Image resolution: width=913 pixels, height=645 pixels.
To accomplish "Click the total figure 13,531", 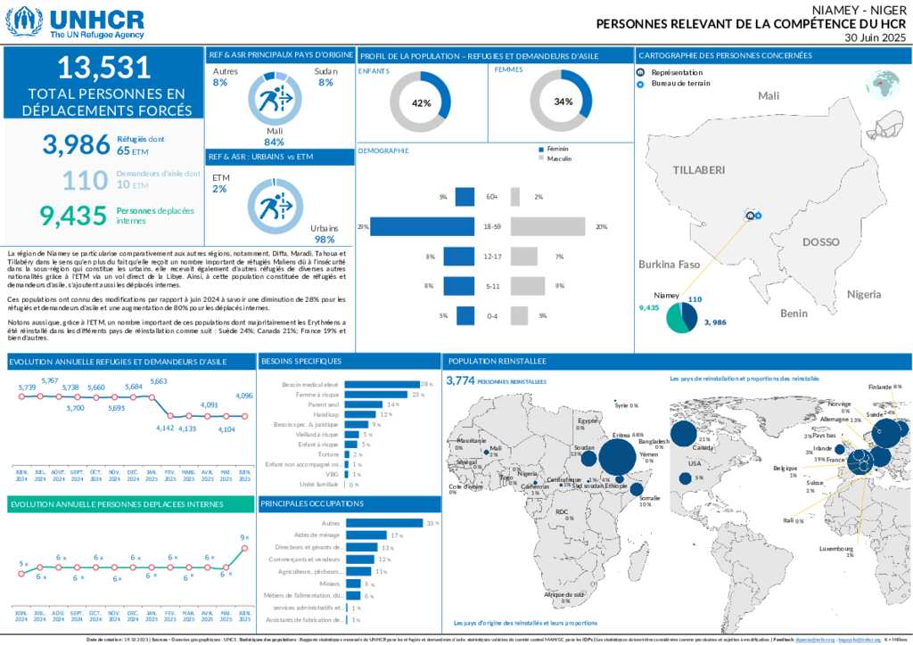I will coord(103,69).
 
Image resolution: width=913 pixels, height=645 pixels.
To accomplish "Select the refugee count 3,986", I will coord(76,144).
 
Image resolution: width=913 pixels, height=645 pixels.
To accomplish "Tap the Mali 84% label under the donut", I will coord(274,136).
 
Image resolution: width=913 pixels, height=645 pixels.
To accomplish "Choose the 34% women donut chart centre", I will coord(562,102).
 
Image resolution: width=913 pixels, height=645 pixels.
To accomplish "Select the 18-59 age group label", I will coord(491,227).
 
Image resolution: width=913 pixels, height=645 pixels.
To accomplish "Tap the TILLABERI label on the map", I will coord(699,169).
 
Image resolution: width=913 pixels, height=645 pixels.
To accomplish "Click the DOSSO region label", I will coord(820,242).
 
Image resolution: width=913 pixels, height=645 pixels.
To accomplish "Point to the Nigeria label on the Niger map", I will coord(864,294).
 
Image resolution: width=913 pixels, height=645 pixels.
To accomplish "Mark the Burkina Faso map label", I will coord(669,265).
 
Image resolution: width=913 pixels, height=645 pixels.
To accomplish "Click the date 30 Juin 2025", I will coord(875,37).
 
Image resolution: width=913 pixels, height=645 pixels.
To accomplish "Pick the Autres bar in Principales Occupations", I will coord(383,523).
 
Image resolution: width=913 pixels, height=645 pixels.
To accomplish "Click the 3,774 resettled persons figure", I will coord(459,380).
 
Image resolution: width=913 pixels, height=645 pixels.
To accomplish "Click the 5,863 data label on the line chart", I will coord(159,381).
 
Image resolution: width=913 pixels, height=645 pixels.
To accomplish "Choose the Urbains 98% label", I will coord(324,234).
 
